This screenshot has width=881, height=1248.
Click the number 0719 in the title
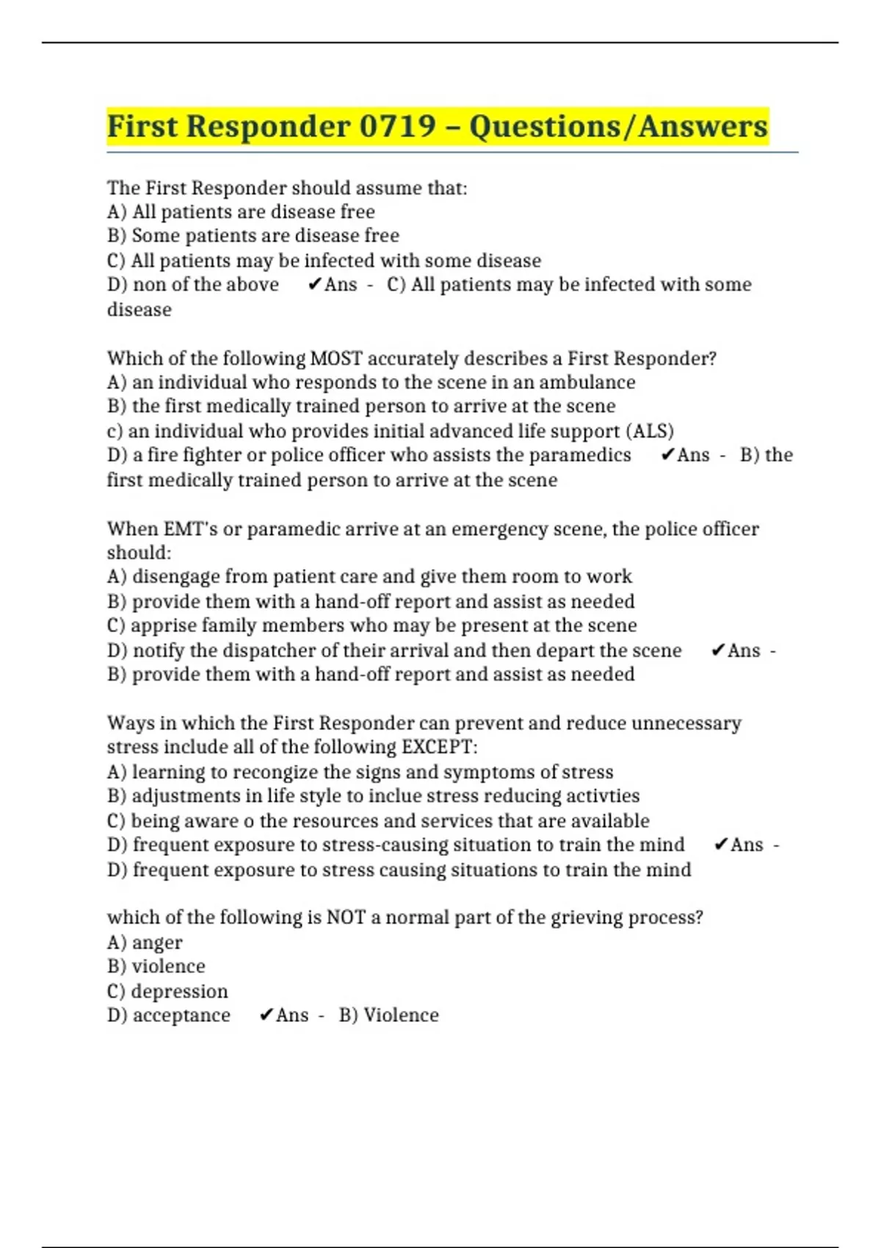point(397,126)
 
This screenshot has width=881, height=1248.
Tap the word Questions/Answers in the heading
point(618,126)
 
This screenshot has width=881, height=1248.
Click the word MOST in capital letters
point(337,358)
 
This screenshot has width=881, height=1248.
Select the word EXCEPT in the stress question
point(438,747)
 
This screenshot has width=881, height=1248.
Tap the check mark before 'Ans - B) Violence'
point(267,1015)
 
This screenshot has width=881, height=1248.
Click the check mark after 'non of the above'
point(315,285)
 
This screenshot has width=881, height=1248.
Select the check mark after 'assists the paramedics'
point(667,455)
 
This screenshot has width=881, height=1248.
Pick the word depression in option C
point(180,991)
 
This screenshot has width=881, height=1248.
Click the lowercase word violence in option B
point(169,967)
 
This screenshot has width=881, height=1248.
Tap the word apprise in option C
point(163,625)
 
